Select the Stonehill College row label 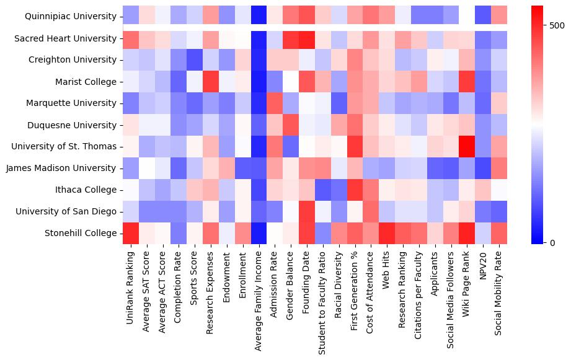coord(81,233)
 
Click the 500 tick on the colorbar coord(556,25)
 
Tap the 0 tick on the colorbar coord(552,242)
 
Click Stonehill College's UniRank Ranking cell coord(131,233)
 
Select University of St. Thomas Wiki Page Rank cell coord(469,146)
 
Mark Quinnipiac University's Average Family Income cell coord(259,17)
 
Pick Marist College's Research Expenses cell coord(211,81)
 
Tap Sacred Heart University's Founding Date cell coord(308,38)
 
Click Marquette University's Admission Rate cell coord(276,103)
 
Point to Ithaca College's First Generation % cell coord(356,190)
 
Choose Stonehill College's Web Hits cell coord(388,233)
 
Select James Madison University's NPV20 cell coord(485,168)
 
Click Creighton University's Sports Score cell coord(195,60)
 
